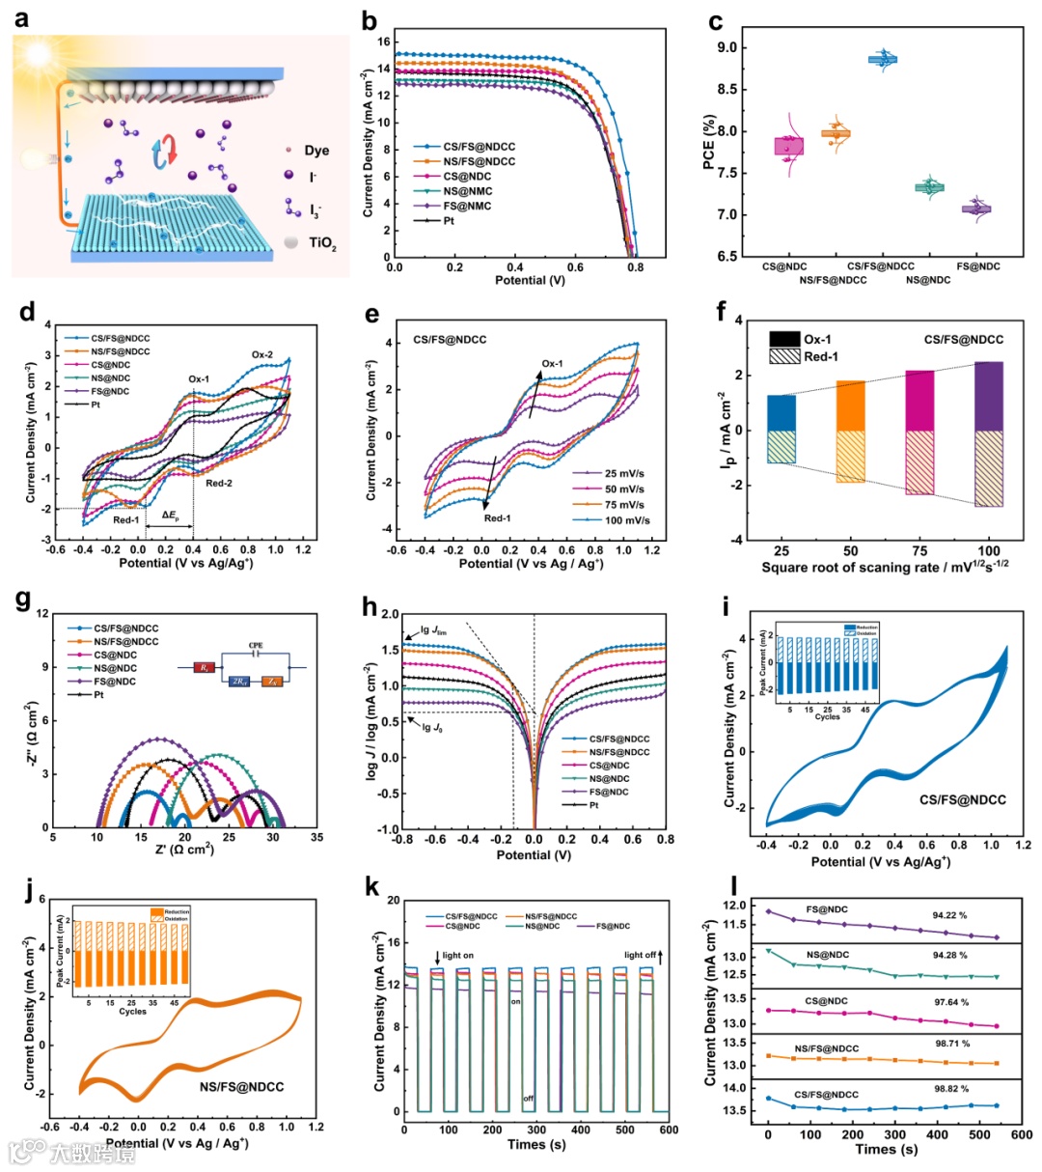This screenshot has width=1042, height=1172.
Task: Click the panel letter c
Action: tap(716, 21)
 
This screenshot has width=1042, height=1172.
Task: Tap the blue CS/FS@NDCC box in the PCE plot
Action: tap(882, 60)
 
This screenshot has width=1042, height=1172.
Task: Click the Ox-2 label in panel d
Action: tap(262, 355)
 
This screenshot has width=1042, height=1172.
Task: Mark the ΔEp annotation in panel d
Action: tap(170, 516)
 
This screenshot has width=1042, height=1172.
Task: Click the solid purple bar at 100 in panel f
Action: tap(989, 396)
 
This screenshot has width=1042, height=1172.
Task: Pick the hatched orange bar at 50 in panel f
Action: tap(850, 456)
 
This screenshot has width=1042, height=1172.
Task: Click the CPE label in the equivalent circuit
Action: tap(256, 646)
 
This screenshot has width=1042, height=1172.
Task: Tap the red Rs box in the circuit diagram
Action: tap(205, 667)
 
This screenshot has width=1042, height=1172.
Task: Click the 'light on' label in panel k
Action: tap(457, 956)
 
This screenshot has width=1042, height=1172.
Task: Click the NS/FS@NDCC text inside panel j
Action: tap(242, 1087)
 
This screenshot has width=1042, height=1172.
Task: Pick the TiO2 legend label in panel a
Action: tap(322, 243)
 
